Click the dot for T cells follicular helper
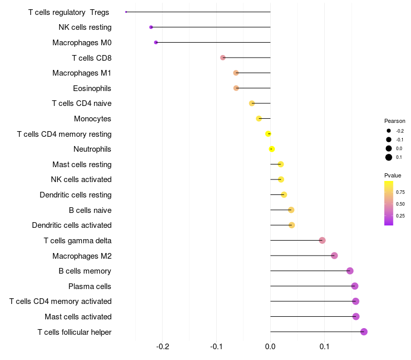(364, 332)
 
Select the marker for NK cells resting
(151, 27)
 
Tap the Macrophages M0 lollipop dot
(156, 42)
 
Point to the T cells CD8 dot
(222, 58)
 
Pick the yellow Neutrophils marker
(272, 149)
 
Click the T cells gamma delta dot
(322, 240)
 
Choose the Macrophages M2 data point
(334, 256)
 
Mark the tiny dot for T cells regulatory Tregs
(126, 12)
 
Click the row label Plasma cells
(90, 286)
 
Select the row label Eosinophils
(92, 88)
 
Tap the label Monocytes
(92, 119)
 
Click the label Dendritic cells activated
(71, 225)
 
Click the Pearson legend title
(395, 121)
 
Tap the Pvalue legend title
(393, 175)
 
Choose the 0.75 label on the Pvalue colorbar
(400, 192)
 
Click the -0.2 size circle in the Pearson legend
(389, 131)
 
